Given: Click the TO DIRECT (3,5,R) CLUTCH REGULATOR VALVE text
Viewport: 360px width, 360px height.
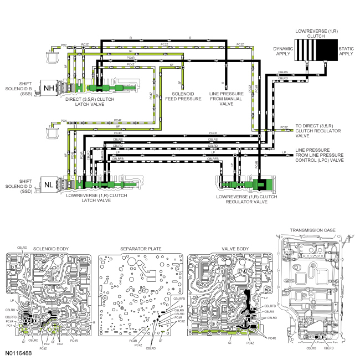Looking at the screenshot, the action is pos(320,131).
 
